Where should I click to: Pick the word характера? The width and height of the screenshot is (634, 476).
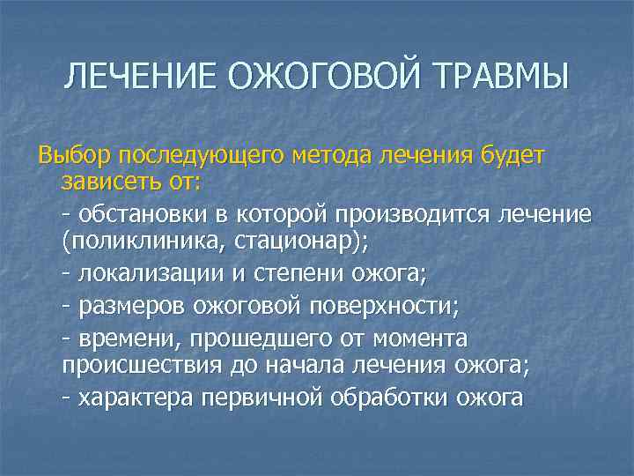coord(136,398)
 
